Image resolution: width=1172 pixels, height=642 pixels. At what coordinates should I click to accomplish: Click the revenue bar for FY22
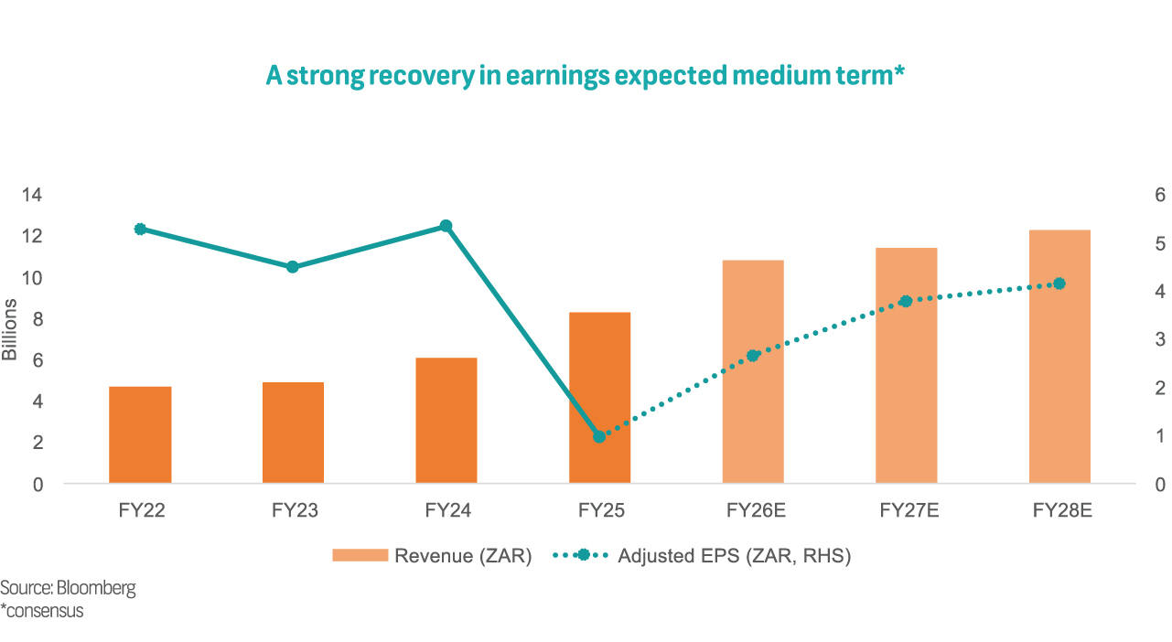(140, 434)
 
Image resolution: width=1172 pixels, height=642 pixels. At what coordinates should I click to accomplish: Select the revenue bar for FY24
(446, 420)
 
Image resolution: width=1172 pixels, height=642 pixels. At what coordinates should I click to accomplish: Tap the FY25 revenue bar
(599, 397)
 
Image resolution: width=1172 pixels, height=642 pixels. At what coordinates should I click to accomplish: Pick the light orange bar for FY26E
(753, 371)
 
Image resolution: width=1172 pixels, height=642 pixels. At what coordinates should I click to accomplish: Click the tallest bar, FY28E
(1059, 356)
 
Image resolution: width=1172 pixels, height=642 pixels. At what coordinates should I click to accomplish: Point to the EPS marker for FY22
(140, 230)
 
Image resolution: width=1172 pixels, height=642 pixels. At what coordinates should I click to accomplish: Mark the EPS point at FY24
(446, 226)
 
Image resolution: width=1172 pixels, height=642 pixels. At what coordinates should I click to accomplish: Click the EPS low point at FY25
(599, 436)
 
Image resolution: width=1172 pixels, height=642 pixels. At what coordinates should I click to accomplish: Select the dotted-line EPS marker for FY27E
(906, 301)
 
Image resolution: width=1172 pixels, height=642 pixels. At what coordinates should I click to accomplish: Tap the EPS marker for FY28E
(1059, 284)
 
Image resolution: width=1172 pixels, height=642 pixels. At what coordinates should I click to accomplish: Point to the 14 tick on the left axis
(33, 194)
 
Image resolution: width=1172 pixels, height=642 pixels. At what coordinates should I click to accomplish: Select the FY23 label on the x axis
(295, 510)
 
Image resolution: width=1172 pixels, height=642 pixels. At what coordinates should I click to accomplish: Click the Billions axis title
(10, 328)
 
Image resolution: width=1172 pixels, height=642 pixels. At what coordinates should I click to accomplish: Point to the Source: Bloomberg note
(68, 588)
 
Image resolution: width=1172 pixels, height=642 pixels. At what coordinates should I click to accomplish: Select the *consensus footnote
(42, 611)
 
